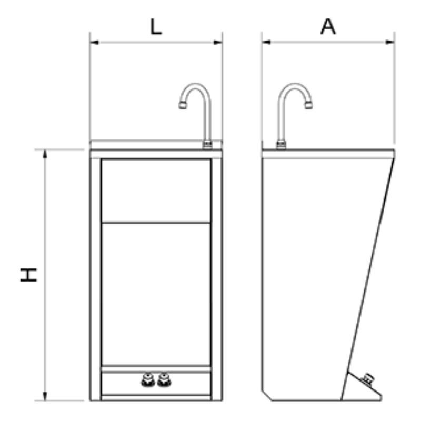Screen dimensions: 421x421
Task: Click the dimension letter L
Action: [x=156, y=27]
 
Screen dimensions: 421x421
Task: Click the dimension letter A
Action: [x=328, y=27]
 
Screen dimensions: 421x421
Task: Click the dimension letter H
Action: [x=29, y=274]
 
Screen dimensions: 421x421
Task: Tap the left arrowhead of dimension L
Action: [x=95, y=42]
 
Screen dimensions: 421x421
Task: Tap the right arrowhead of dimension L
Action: [x=218, y=42]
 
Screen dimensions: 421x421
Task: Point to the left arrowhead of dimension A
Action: [x=266, y=42]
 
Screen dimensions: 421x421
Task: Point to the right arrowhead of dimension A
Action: [x=390, y=42]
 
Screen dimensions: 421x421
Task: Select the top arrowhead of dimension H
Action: [x=45, y=154]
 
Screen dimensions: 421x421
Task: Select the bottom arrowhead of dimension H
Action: [x=45, y=396]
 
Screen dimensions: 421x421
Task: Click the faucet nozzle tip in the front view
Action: [x=183, y=105]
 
